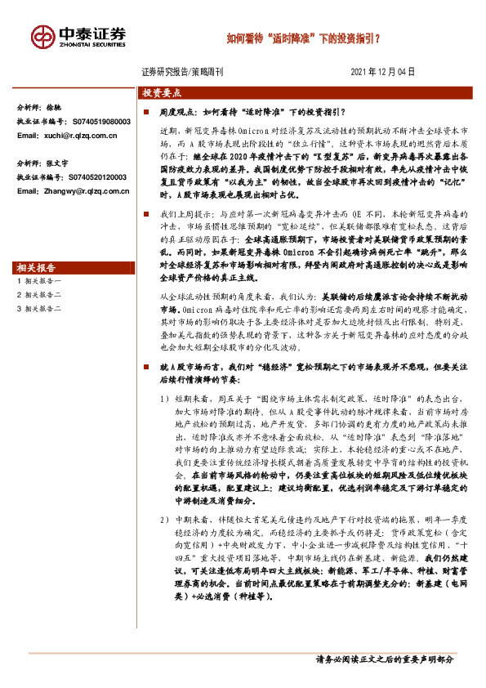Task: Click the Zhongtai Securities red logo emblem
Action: (x=44, y=37)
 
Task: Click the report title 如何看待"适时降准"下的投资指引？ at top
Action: (x=302, y=38)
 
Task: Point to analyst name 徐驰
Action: (x=54, y=108)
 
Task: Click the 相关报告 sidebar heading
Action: (x=35, y=245)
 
